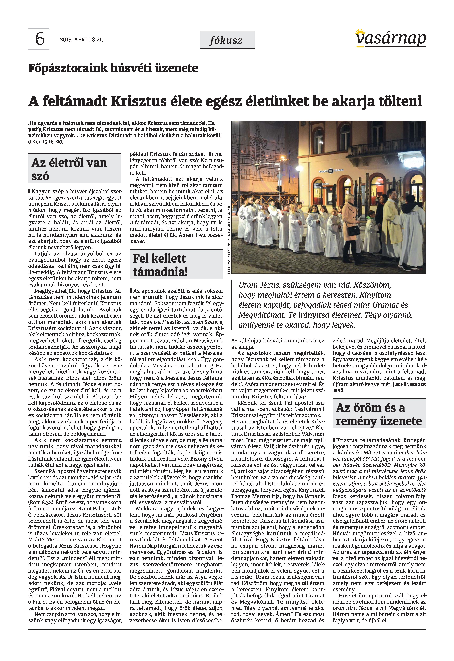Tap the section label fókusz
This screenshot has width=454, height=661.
[226, 41]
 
